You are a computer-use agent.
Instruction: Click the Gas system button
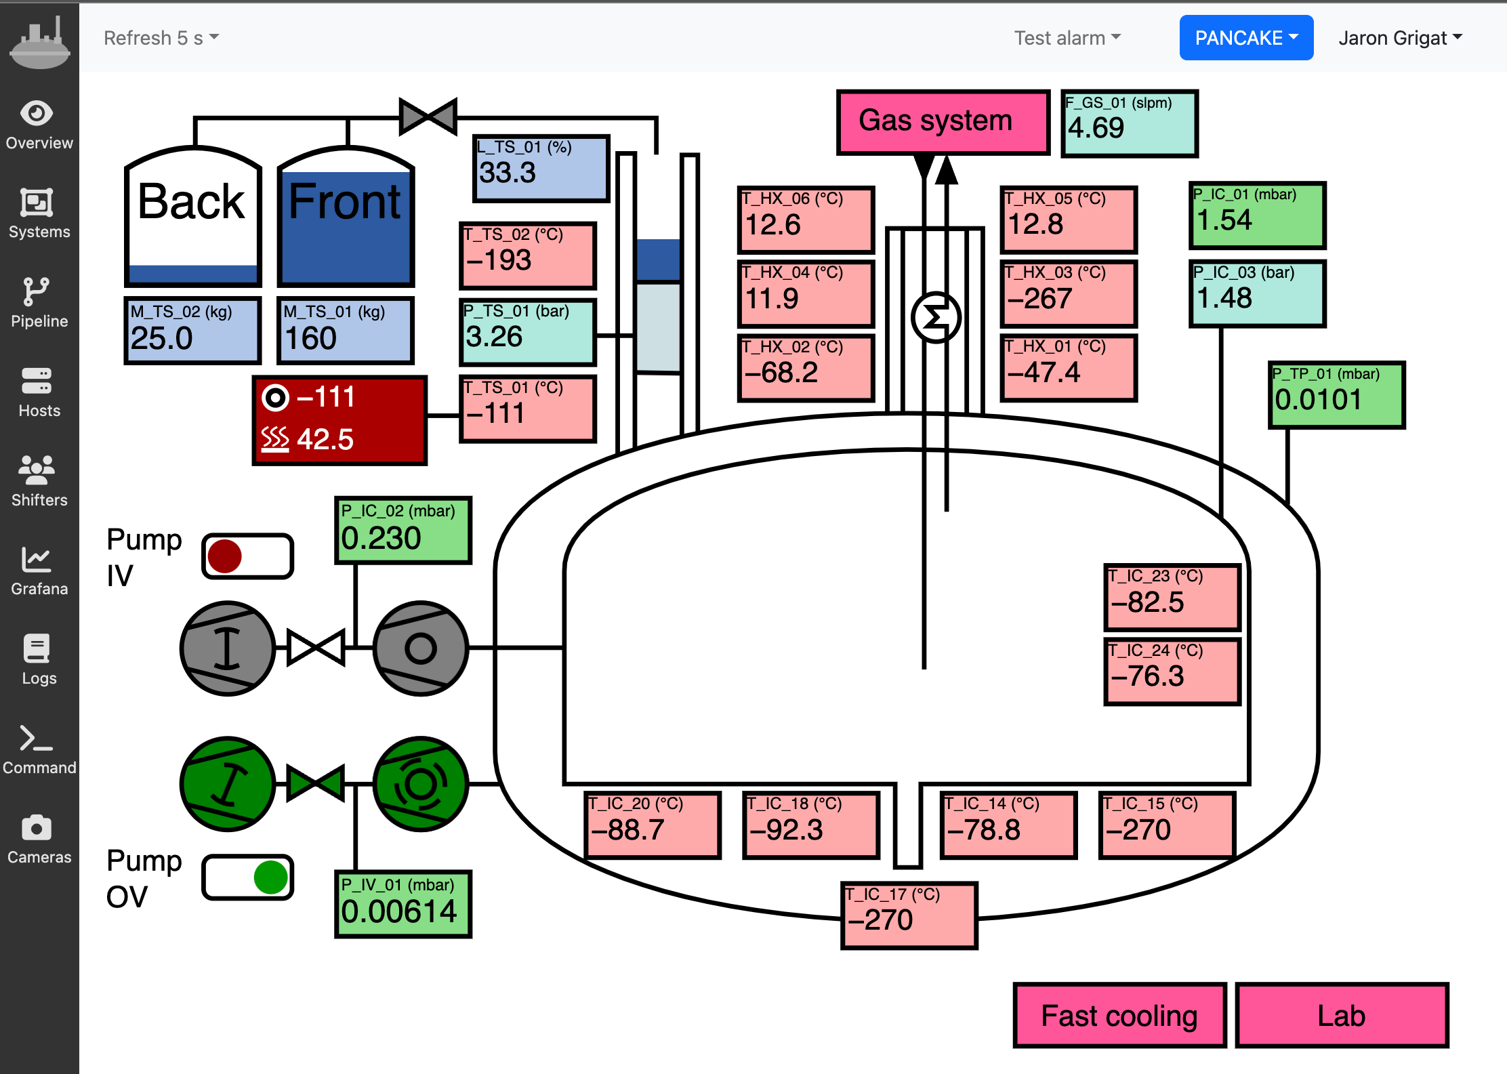click(x=943, y=122)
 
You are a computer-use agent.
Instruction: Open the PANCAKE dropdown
click(x=1246, y=38)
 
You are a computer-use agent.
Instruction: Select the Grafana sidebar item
click(x=39, y=571)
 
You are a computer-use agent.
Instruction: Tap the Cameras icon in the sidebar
click(x=37, y=828)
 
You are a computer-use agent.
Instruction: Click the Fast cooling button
click(x=1119, y=1015)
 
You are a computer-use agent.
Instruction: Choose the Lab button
click(x=1342, y=1015)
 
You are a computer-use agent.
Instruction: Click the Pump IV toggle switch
click(x=247, y=556)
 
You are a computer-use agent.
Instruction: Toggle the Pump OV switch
click(x=247, y=877)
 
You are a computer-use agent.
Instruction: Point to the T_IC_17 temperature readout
click(x=909, y=915)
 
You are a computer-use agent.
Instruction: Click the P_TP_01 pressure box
click(x=1336, y=395)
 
